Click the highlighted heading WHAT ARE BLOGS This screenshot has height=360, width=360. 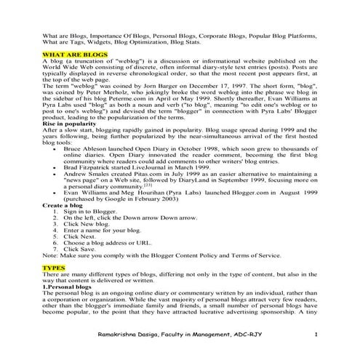[75, 55]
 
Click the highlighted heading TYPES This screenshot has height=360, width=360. [55, 268]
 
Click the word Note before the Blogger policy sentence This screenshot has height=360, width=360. [50, 255]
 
